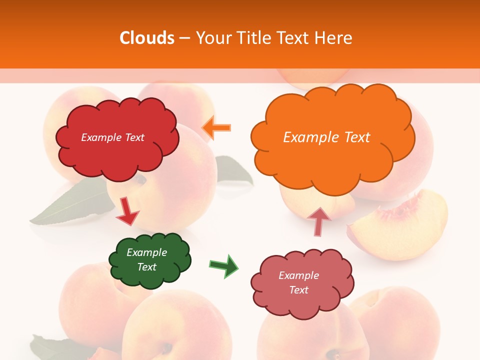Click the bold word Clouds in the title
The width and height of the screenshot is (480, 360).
146,38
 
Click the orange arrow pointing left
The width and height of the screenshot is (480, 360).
216,127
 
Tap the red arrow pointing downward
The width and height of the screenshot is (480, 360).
126,211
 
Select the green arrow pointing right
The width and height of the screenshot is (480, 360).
224,266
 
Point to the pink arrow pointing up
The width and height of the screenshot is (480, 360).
318,221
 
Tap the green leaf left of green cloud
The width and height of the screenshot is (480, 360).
70,205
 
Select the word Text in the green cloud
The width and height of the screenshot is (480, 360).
147,267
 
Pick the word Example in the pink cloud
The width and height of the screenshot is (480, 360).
298,275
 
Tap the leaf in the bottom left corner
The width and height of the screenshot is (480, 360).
50,347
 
